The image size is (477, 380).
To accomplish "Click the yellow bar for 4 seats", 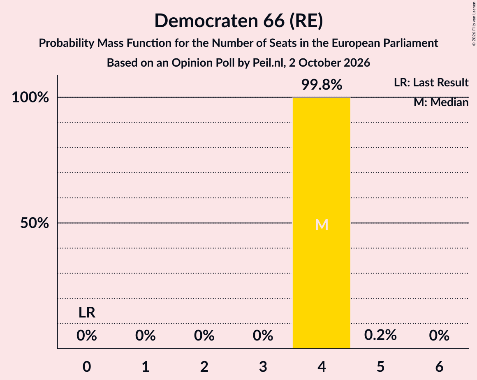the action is click(322, 223).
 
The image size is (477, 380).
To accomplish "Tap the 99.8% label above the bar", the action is click(322, 85).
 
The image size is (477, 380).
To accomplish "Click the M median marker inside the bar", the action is click(322, 225).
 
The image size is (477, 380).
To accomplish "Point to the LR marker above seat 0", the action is click(87, 313).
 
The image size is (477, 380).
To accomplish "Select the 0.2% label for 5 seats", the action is click(380, 335).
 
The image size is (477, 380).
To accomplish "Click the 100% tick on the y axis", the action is click(30, 97).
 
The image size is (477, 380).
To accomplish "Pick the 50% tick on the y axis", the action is click(35, 223).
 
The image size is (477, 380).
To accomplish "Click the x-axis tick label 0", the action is click(87, 366).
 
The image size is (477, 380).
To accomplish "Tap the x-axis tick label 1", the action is click(146, 366).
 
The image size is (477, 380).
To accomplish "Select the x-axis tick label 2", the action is click(204, 366).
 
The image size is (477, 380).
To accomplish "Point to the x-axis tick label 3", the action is click(263, 366).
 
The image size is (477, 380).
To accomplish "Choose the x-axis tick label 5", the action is click(380, 366).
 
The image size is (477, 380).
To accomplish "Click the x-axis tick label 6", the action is click(439, 366).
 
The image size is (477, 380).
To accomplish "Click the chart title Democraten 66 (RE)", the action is click(238, 21).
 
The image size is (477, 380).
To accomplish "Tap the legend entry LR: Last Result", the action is click(431, 82).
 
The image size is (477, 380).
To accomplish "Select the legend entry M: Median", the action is click(441, 102).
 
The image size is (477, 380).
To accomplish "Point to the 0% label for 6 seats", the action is click(439, 335).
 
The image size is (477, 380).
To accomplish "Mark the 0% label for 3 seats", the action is click(263, 335).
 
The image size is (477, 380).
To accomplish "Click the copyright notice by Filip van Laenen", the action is click(474, 23).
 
